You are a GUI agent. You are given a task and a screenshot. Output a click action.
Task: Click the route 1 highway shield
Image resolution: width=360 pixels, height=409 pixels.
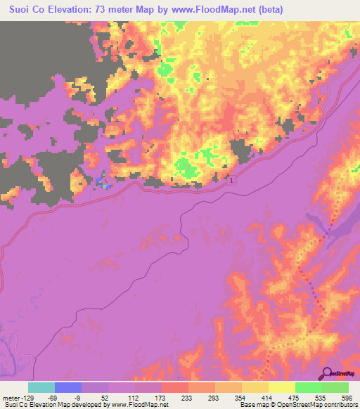pyautogui.click(x=231, y=181)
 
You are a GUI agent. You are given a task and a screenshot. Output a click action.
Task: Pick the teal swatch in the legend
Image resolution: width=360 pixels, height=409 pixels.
pyautogui.click(x=41, y=387)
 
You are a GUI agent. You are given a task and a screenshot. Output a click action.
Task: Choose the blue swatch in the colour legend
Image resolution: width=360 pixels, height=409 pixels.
pyautogui.click(x=68, y=387)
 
